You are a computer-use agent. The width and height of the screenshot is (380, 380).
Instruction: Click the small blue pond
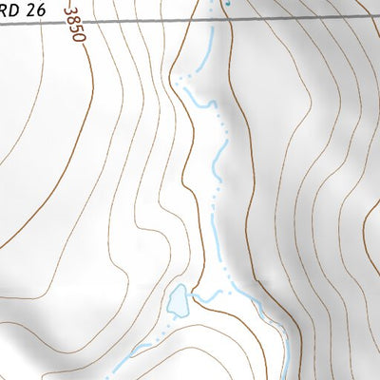[x=178, y=301]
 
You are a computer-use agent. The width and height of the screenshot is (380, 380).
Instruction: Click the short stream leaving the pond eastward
[x=204, y=298]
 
